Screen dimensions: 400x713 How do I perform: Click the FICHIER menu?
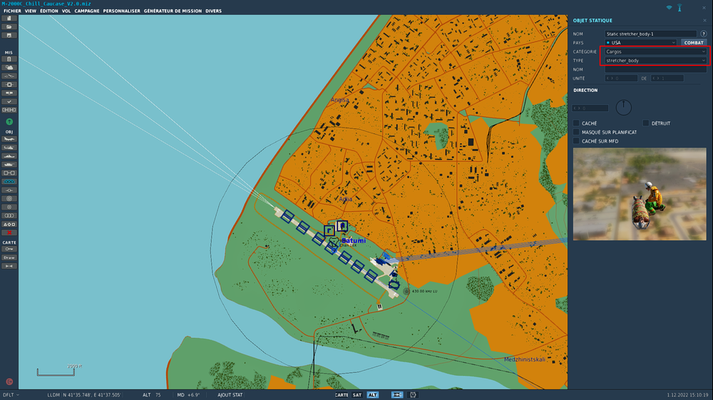pyautogui.click(x=12, y=11)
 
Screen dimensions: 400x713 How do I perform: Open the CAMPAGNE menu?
pyautogui.click(x=87, y=11)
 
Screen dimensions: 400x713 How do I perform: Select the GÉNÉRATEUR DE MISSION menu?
pyautogui.click(x=173, y=11)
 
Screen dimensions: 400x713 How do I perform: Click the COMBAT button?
pyautogui.click(x=694, y=43)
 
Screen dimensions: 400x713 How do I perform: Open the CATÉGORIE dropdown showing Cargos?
pyautogui.click(x=655, y=52)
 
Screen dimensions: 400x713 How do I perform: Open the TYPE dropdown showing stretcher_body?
pyautogui.click(x=655, y=61)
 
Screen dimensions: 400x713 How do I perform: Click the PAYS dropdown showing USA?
pyautogui.click(x=640, y=43)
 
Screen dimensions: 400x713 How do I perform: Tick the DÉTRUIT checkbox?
pyautogui.click(x=646, y=123)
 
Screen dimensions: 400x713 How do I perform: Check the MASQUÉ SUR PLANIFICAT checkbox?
pyautogui.click(x=577, y=132)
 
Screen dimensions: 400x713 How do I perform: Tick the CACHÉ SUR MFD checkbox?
pyautogui.click(x=577, y=140)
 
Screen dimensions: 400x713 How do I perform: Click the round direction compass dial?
pyautogui.click(x=623, y=108)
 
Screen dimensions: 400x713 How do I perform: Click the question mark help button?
pyautogui.click(x=704, y=34)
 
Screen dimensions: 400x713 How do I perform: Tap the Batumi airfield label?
pyautogui.click(x=354, y=241)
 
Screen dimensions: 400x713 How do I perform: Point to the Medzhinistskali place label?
pyautogui.click(x=524, y=359)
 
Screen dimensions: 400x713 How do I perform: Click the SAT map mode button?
pyautogui.click(x=357, y=394)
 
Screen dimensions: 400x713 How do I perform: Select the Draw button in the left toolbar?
pyautogui.click(x=9, y=257)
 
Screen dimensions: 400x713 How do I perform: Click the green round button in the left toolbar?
pyautogui.click(x=9, y=122)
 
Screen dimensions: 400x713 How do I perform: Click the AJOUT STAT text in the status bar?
pyautogui.click(x=230, y=394)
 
